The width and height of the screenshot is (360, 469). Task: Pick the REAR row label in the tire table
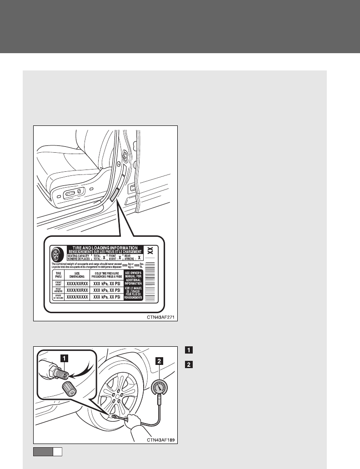pos(58,289)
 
